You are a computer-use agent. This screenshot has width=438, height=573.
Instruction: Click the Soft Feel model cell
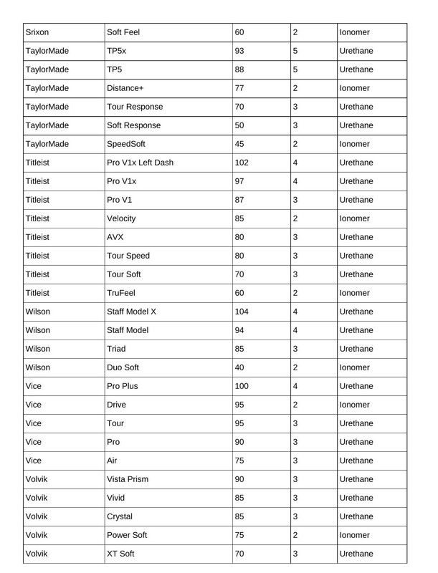[x=125, y=33]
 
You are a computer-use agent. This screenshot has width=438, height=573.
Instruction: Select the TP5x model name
[x=116, y=52]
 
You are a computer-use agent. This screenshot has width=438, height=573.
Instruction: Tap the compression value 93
[x=240, y=52]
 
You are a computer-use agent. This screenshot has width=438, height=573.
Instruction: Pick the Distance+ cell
[x=125, y=89]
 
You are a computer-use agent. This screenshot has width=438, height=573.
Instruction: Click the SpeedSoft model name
[x=126, y=145]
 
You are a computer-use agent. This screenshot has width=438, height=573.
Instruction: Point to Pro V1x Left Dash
[x=140, y=163]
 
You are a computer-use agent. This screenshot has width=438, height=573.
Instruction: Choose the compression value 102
[x=242, y=163]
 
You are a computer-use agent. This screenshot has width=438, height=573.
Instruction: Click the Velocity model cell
[x=121, y=219]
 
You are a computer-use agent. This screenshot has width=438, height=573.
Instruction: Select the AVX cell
[x=116, y=238]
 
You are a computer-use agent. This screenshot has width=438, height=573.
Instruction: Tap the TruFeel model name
[x=121, y=294]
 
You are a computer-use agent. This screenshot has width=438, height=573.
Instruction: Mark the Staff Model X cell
[x=131, y=312]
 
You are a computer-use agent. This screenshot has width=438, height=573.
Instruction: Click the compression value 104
[x=242, y=312]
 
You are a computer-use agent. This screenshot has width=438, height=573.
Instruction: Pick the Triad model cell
[x=116, y=350]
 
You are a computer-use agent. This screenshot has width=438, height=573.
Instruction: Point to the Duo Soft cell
[x=123, y=368]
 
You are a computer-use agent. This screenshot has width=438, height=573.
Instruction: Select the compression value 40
[x=240, y=368]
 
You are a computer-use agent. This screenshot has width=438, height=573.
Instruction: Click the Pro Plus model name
[x=123, y=387]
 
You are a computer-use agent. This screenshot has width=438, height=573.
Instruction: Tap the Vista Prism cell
[x=128, y=480]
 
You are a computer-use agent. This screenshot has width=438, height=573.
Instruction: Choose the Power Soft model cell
[x=127, y=536]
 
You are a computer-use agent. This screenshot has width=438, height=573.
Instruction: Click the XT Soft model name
[x=120, y=554]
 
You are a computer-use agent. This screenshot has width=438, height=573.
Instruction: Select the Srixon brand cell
[x=38, y=33]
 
